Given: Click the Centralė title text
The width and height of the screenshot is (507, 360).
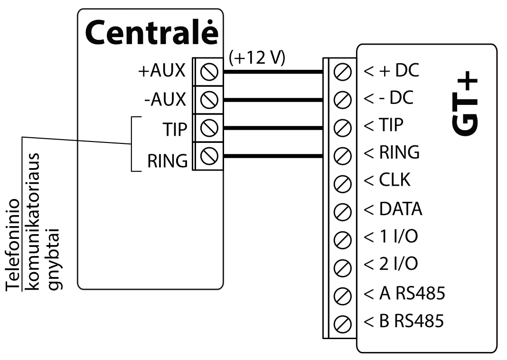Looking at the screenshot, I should point(151,33).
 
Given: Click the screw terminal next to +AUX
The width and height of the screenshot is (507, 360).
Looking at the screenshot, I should point(209,72).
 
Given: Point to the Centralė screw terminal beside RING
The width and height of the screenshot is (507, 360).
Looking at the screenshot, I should point(209,155).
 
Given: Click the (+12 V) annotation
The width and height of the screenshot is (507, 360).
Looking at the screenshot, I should point(257,58).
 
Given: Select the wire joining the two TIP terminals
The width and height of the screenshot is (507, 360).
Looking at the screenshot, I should point(272,128).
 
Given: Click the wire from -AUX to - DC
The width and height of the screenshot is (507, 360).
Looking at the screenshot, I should point(272,100).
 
